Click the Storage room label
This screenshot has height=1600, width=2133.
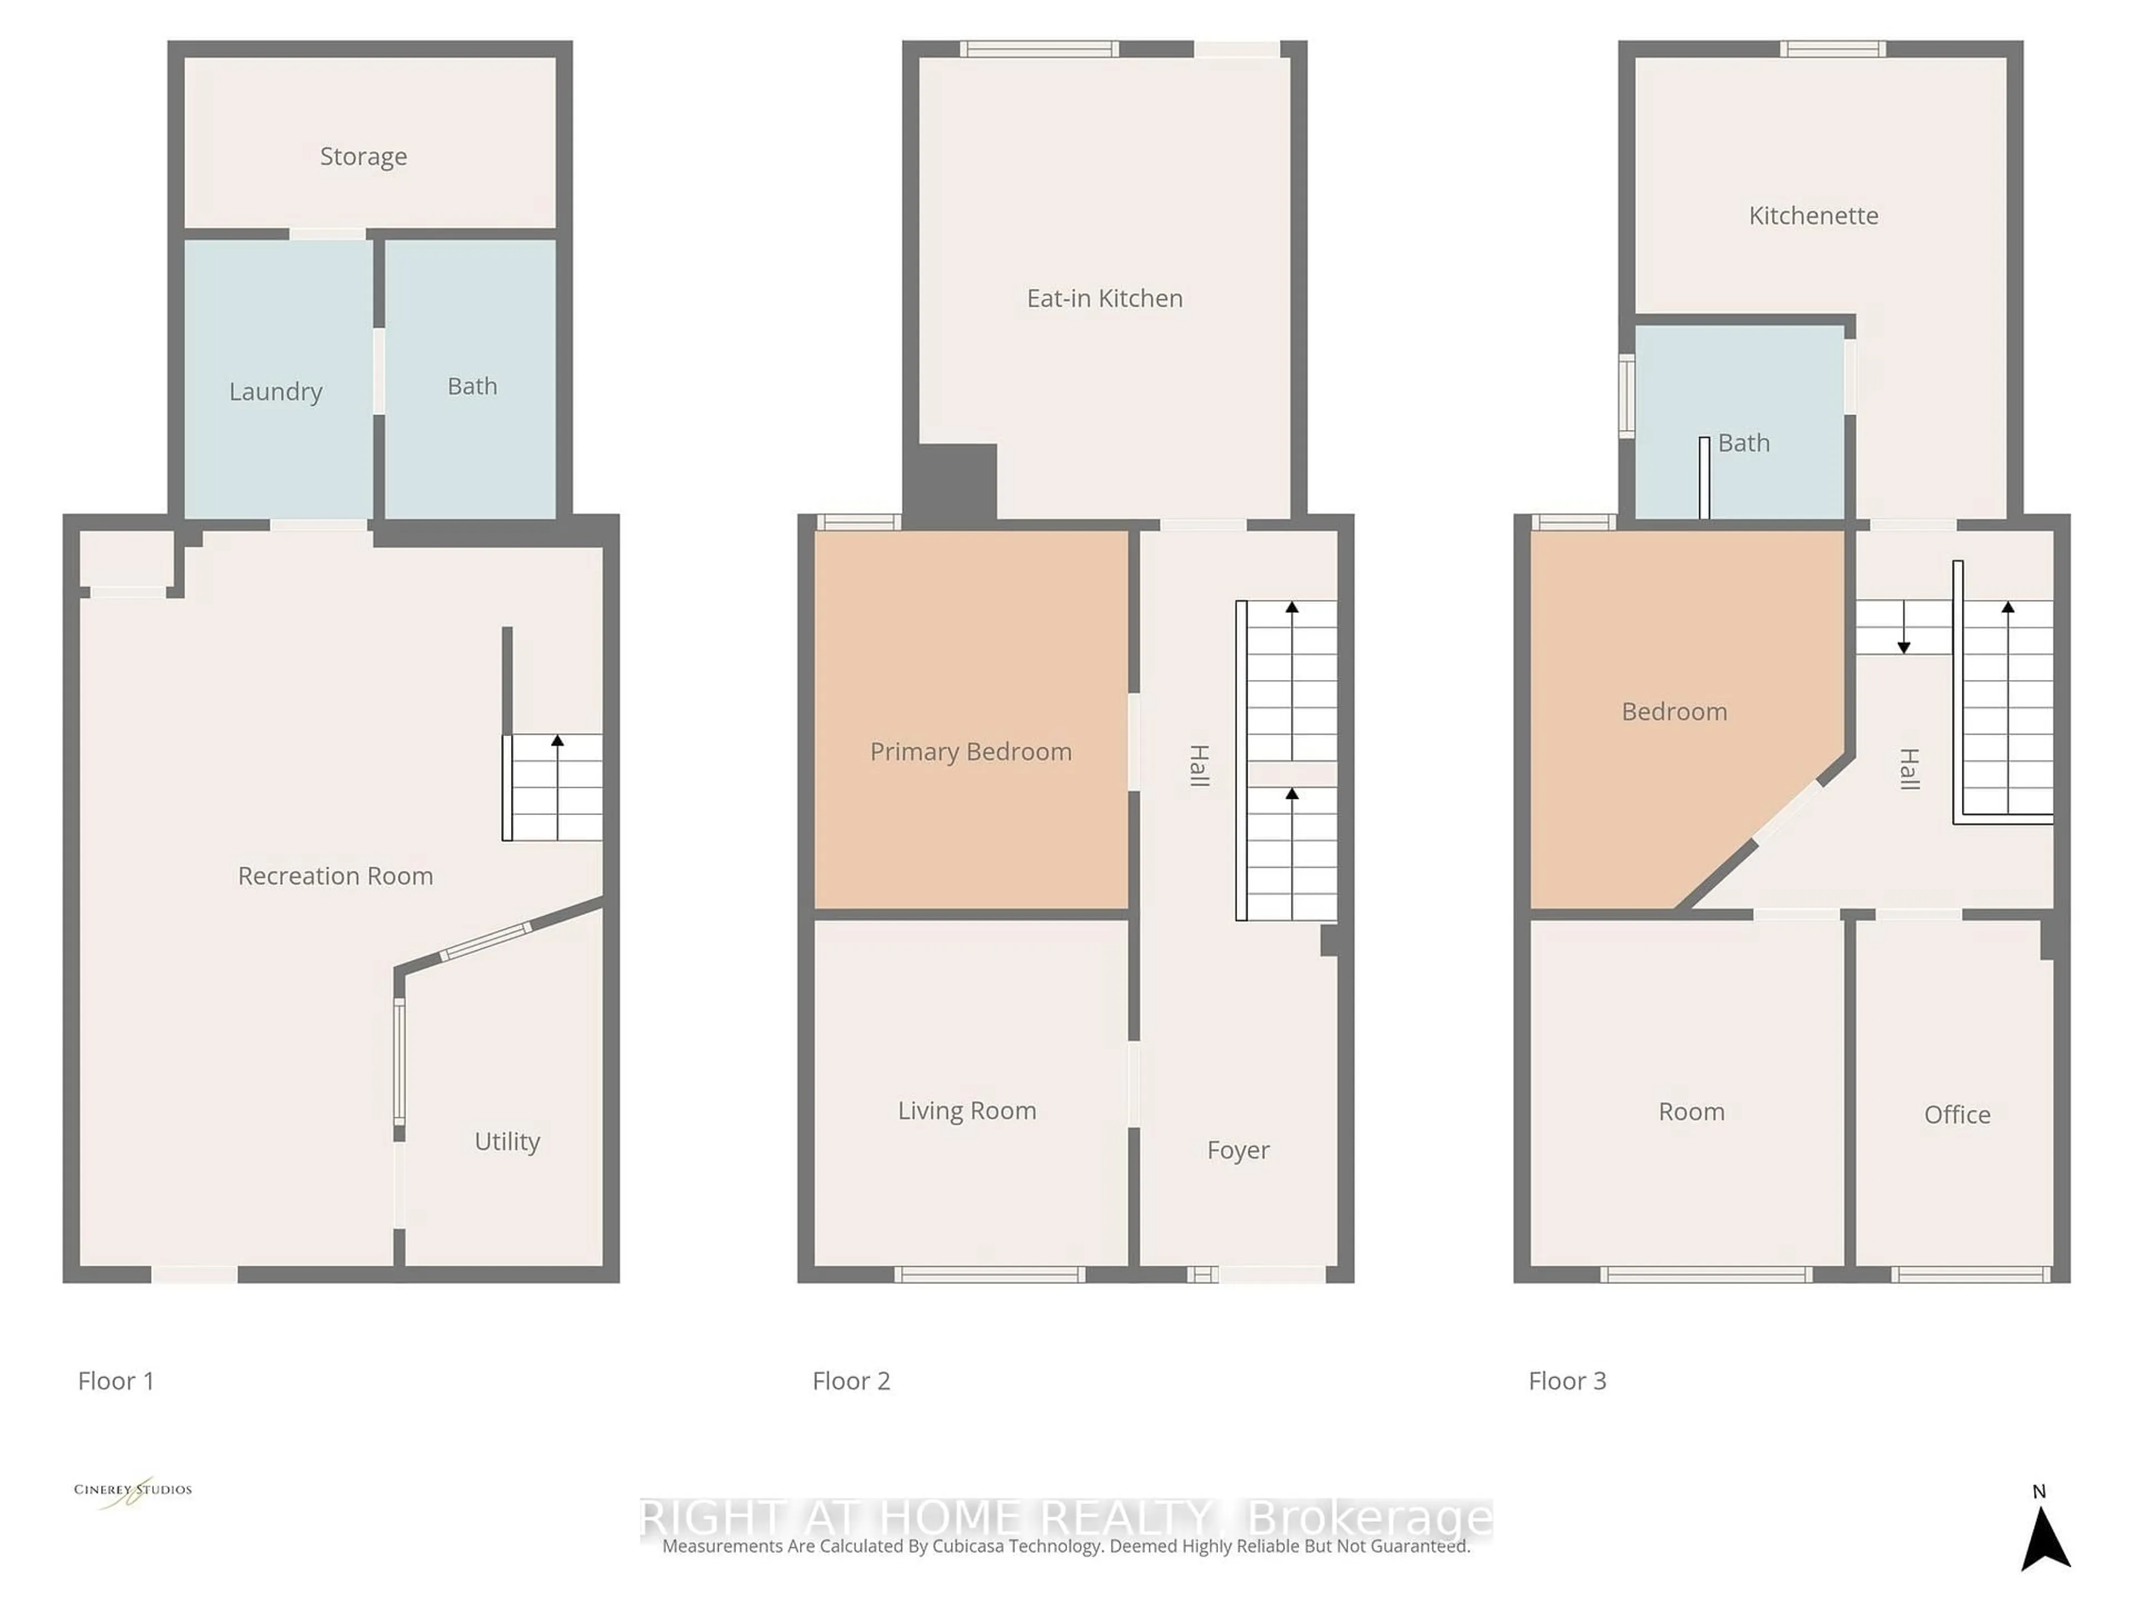click(x=363, y=156)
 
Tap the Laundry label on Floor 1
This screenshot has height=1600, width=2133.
click(x=276, y=392)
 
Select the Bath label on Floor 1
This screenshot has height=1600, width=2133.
click(x=473, y=386)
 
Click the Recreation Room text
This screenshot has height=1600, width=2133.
click(x=336, y=876)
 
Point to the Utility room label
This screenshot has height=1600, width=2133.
click(x=507, y=1141)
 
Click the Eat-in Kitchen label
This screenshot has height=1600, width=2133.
click(x=1104, y=298)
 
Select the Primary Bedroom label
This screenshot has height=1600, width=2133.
click(x=970, y=751)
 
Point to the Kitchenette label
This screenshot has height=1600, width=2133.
click(x=1813, y=215)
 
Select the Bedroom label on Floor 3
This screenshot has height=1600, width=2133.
click(x=1674, y=712)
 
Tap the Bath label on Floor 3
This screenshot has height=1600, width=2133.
click(x=1744, y=443)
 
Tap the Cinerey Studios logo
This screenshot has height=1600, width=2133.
click(x=133, y=1490)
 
